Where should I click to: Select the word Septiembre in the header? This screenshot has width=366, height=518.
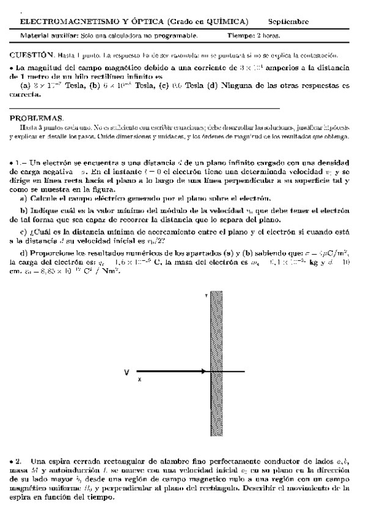[288, 22]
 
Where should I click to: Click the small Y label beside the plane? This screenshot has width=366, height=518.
[205, 295]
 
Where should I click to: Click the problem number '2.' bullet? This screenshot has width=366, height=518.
[18, 459]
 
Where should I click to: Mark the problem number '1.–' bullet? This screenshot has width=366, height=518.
[18, 163]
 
